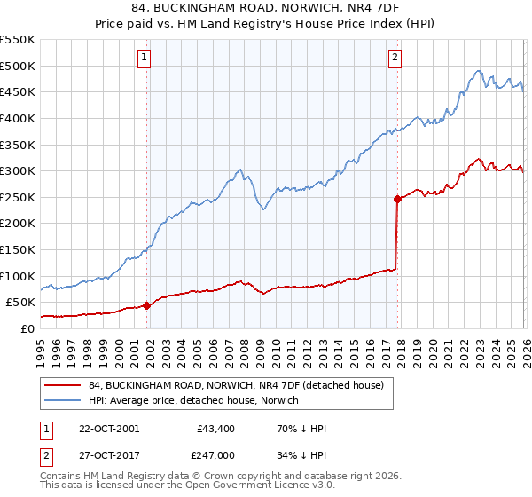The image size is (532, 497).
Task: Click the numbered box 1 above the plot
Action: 145,59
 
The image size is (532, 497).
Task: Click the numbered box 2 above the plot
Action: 395,59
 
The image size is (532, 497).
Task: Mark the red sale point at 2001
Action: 147,305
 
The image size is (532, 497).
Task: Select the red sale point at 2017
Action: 397,199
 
